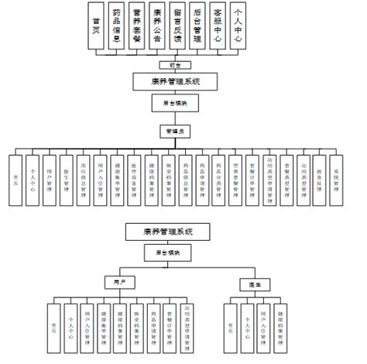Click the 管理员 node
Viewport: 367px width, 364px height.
[x=173, y=130]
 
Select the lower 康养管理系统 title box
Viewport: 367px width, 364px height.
[x=167, y=231]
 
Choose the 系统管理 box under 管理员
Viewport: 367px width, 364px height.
[x=335, y=178]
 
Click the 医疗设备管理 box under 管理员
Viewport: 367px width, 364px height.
[x=134, y=178]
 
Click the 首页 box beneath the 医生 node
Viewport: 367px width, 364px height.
[x=229, y=326]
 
